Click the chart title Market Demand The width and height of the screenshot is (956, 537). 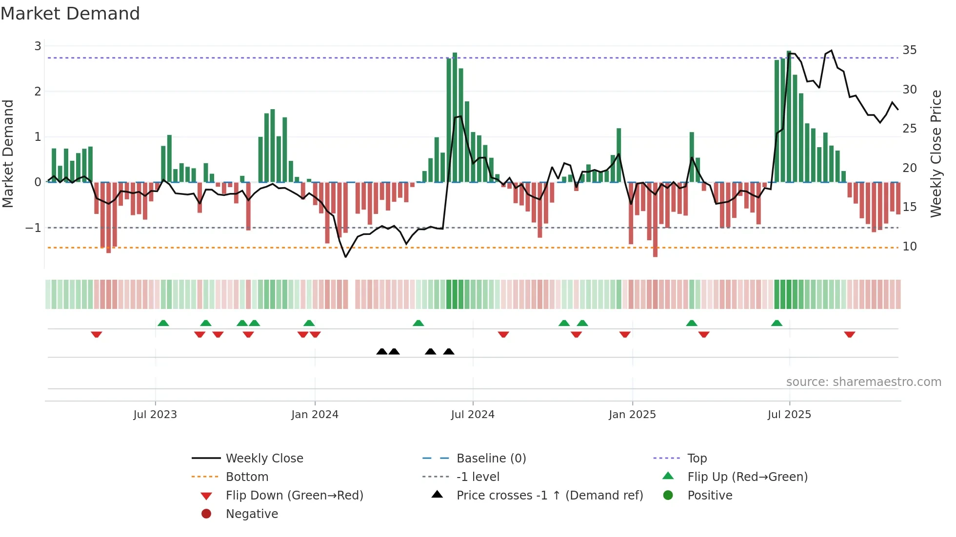coord(70,14)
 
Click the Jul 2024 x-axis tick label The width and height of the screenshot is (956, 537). coord(472,415)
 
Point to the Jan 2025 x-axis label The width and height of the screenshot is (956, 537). coord(632,415)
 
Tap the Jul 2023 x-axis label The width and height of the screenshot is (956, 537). coord(155,415)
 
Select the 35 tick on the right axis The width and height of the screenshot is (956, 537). coord(909,50)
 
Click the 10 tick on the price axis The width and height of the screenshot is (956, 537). coord(909,247)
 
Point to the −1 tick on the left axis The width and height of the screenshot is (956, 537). coord(33,228)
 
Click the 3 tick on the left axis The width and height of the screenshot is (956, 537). coord(38,46)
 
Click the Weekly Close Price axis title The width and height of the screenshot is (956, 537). coord(936,153)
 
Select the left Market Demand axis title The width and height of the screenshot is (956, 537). coord(8,153)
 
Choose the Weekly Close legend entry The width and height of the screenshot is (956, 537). coord(264,459)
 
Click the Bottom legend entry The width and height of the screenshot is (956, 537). coord(247,477)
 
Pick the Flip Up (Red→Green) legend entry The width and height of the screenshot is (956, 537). coord(747,477)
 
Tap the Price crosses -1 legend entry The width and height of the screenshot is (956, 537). coord(549,496)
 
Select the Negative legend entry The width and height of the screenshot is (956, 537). coord(252,514)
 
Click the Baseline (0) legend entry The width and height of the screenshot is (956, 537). coord(491,459)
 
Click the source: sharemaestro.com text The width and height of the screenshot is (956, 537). coord(863,382)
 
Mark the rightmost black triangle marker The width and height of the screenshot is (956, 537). coord(449,351)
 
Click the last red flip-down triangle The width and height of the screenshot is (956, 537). coord(850,334)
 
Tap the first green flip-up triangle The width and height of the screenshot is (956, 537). coord(163,323)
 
